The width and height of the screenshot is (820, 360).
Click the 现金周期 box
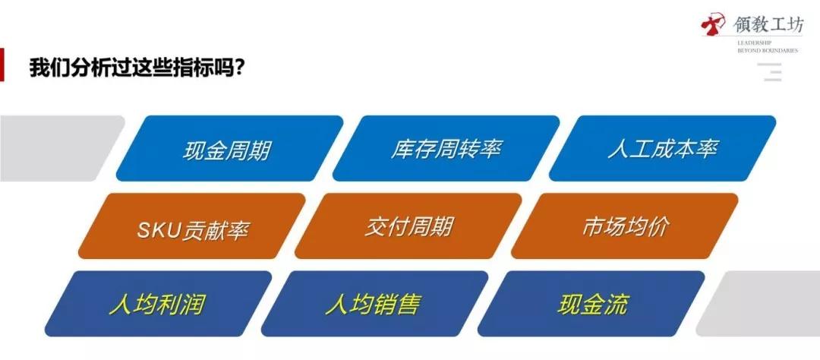[x=229, y=149]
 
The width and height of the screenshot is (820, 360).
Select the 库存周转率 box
[x=446, y=149]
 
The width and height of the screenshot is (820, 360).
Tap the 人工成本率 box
[x=663, y=149]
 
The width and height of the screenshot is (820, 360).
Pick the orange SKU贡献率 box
[x=192, y=226]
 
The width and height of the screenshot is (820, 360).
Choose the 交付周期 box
[x=408, y=226]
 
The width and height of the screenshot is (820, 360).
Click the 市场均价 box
[x=625, y=226]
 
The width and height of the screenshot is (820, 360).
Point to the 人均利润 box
[x=159, y=304]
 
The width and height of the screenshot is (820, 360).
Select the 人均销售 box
[x=375, y=304]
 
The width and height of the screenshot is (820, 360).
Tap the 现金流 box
[x=591, y=304]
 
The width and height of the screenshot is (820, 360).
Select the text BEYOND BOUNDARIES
[x=768, y=51]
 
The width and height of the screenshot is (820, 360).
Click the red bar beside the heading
[x=2, y=65]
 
